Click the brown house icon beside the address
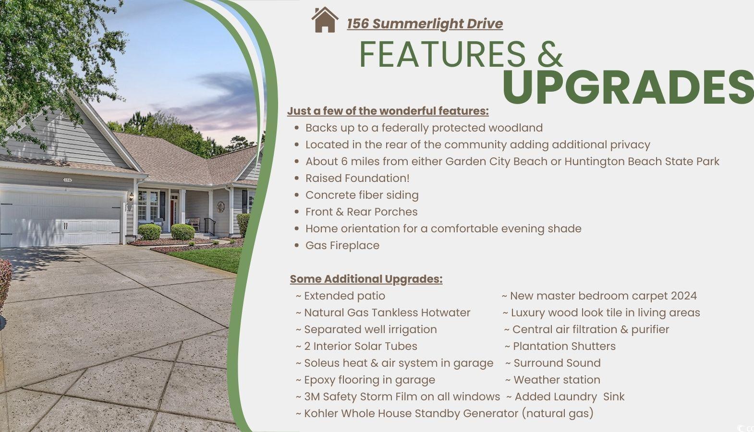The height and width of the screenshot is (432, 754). tap(325, 20)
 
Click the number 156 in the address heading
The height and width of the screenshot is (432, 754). tap(358, 24)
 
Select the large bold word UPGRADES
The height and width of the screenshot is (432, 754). tap(628, 87)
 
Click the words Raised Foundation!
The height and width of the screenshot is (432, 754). tap(357, 178)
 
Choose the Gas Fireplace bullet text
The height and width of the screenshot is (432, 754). tap(342, 245)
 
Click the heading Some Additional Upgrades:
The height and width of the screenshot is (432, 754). tap(366, 279)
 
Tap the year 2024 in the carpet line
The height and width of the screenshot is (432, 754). tap(684, 296)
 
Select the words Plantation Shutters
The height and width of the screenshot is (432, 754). tap(564, 346)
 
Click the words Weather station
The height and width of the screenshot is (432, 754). tap(557, 380)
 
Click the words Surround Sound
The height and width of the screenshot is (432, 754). tap(557, 363)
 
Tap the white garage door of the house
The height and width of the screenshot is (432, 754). tap(61, 219)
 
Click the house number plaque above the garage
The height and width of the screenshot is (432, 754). tap(67, 180)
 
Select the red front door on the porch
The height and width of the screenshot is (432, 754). tap(172, 213)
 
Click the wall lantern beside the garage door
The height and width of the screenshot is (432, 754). tap(131, 196)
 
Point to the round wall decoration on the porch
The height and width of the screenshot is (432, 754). tap(220, 206)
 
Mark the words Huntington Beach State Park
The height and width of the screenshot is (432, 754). tap(642, 161)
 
